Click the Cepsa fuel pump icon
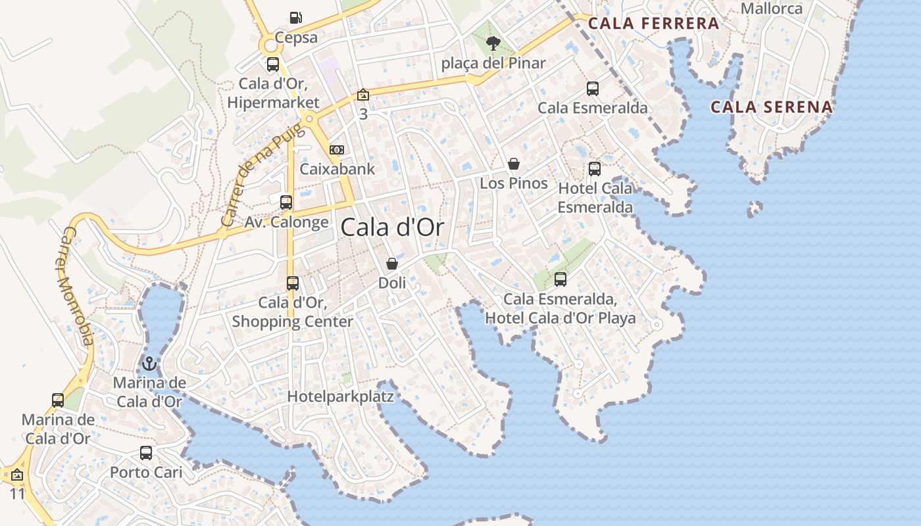pyautogui.click(x=296, y=18)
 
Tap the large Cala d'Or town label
pyautogui.click(x=392, y=227)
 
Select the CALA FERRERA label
pyautogui.click(x=653, y=24)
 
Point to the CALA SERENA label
pyautogui.click(x=772, y=107)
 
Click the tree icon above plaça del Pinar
pyautogui.click(x=493, y=43)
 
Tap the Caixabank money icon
pyautogui.click(x=337, y=150)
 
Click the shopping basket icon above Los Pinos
pyautogui.click(x=514, y=164)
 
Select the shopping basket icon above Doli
pyautogui.click(x=392, y=264)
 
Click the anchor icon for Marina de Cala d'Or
pyautogui.click(x=149, y=364)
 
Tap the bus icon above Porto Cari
pyautogui.click(x=146, y=453)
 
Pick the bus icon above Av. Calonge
pyautogui.click(x=286, y=203)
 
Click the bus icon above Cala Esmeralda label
pyautogui.click(x=593, y=89)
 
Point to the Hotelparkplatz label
pyautogui.click(x=341, y=396)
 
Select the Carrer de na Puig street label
pyautogui.click(x=262, y=176)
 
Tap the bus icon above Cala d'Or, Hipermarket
pyautogui.click(x=273, y=64)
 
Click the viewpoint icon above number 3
pyautogui.click(x=362, y=95)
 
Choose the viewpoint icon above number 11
pyautogui.click(x=17, y=475)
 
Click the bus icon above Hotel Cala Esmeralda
pyautogui.click(x=595, y=169)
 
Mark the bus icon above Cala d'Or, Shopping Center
pyautogui.click(x=293, y=284)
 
